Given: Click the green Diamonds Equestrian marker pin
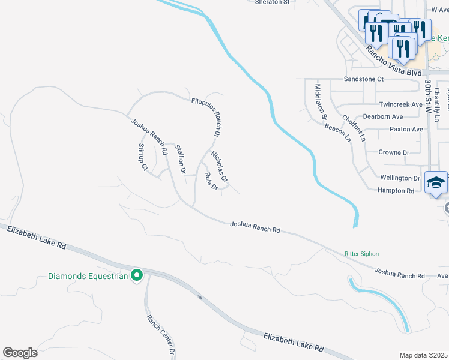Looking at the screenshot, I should tap(137, 275).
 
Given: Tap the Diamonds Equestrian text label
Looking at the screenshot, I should tap(88, 277).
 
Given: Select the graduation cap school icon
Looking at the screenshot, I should tap(436, 183).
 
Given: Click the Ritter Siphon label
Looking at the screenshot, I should tap(361, 254).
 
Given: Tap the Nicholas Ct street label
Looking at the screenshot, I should tap(219, 166).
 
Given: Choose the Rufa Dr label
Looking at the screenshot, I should tap(211, 181).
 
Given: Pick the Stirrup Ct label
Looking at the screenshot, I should tap(143, 157).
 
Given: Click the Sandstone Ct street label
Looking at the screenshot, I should tap(363, 79).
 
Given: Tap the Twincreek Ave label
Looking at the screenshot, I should tap(400, 104).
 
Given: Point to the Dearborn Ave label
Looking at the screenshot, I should tap(383, 116).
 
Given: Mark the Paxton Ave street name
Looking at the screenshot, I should tap(406, 129).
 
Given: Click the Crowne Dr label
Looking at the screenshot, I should tap(394, 152).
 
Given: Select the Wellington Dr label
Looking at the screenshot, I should tap(400, 178).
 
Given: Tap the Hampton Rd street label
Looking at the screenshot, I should tap(396, 191).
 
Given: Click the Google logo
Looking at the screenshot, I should tap(20, 353).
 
